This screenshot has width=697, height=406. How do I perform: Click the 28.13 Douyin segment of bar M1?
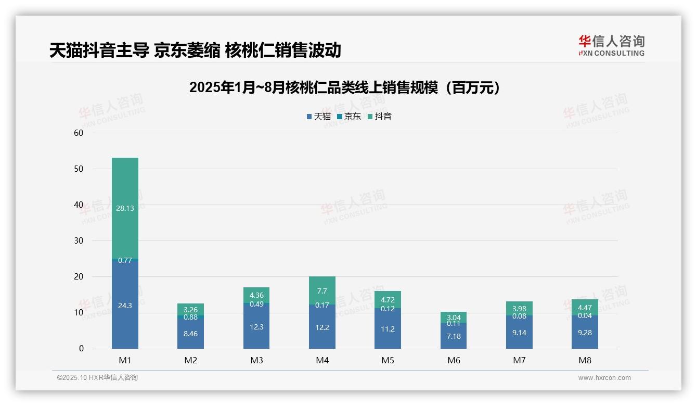(125, 208)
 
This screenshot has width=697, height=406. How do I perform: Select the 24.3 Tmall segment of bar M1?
(125, 305)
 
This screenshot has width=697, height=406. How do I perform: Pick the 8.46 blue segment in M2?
(190, 333)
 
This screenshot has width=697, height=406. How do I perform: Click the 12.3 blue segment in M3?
(256, 326)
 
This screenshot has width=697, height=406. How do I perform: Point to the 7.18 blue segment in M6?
(454, 336)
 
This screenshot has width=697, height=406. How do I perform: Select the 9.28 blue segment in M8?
(585, 332)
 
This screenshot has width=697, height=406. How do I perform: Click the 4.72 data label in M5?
(388, 300)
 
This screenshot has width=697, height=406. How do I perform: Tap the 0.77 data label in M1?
(125, 260)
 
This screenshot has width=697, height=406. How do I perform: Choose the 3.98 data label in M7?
(519, 308)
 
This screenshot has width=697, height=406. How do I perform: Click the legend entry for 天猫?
(319, 117)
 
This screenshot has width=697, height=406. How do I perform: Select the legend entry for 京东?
(349, 117)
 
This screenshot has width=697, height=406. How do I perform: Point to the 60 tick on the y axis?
(79, 133)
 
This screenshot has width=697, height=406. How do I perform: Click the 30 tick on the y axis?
(79, 240)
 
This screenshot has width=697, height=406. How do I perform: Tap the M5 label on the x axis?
(388, 360)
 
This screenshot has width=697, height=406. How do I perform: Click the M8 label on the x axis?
(585, 360)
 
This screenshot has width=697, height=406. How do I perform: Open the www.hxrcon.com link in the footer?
(604, 378)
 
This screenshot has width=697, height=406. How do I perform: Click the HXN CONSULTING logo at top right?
(611, 46)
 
